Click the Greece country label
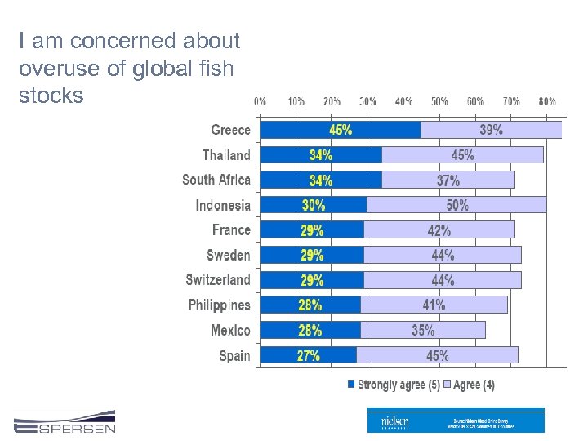[x=230, y=130]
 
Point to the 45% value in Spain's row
[x=437, y=355]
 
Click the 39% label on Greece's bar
[x=491, y=130]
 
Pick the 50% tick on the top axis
[x=439, y=102]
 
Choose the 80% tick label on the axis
[x=546, y=102]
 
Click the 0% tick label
[x=260, y=102]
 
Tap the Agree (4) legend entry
[x=469, y=384]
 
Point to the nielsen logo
[x=395, y=421]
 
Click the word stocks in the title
[x=51, y=96]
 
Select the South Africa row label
[x=216, y=180]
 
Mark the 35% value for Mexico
[x=423, y=330]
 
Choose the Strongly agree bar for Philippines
[x=310, y=305]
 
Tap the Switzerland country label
[x=218, y=280]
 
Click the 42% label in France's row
[x=439, y=230]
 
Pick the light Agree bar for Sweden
[x=443, y=255]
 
